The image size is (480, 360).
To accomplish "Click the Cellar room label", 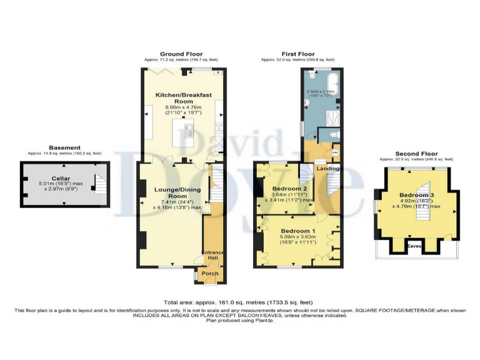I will (x=60, y=178).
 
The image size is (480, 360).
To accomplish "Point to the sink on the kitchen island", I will (x=188, y=131).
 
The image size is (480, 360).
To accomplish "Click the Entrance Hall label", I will (x=212, y=256).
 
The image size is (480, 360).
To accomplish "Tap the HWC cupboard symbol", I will (x=335, y=151).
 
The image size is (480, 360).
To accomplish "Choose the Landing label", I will (x=329, y=169).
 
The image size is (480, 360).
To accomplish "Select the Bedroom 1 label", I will (x=298, y=231).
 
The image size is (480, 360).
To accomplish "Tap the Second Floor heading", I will (x=416, y=154).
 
